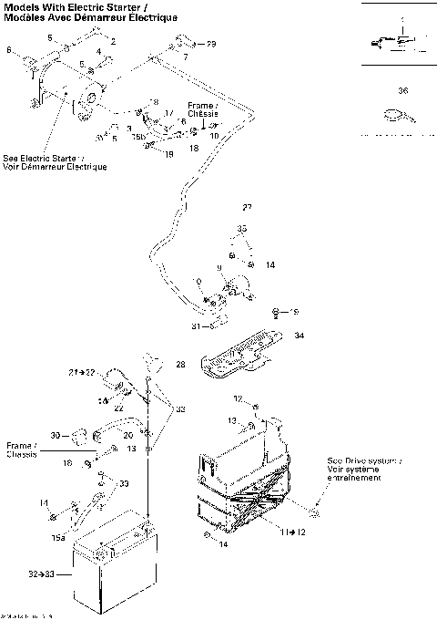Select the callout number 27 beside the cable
coord(247,208)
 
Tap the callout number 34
coord(300,336)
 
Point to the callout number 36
coord(402,91)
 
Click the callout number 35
coord(242,228)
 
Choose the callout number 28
coord(180,365)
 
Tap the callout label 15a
coord(59,538)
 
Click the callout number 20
coord(128,434)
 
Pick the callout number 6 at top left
coord(10,51)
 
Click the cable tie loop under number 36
coord(395,115)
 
